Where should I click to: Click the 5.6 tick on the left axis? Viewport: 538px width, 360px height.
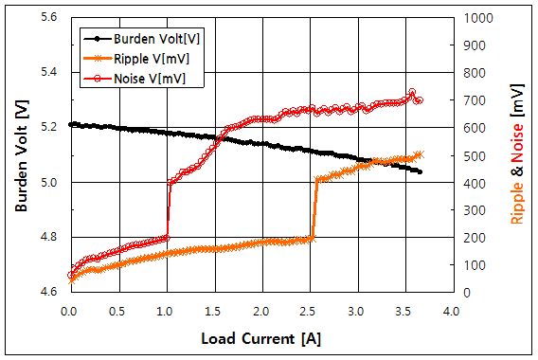coord(49,18)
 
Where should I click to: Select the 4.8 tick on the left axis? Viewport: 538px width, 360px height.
coord(49,237)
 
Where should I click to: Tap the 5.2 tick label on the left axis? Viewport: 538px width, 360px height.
coord(49,127)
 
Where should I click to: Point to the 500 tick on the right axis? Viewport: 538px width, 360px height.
coord(471,155)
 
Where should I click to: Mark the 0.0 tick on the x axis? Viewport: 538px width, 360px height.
coord(68,310)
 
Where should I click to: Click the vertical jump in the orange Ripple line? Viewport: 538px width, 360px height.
coord(314,209)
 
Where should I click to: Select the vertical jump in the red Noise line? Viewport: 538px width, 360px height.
coord(169,209)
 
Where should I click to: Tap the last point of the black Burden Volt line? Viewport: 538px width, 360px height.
coord(420,171)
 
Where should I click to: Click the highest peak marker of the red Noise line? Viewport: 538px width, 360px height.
coord(412,93)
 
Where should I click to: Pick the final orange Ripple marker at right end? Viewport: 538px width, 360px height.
coord(421,154)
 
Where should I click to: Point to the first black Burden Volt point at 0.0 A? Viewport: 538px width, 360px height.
coord(69,124)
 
